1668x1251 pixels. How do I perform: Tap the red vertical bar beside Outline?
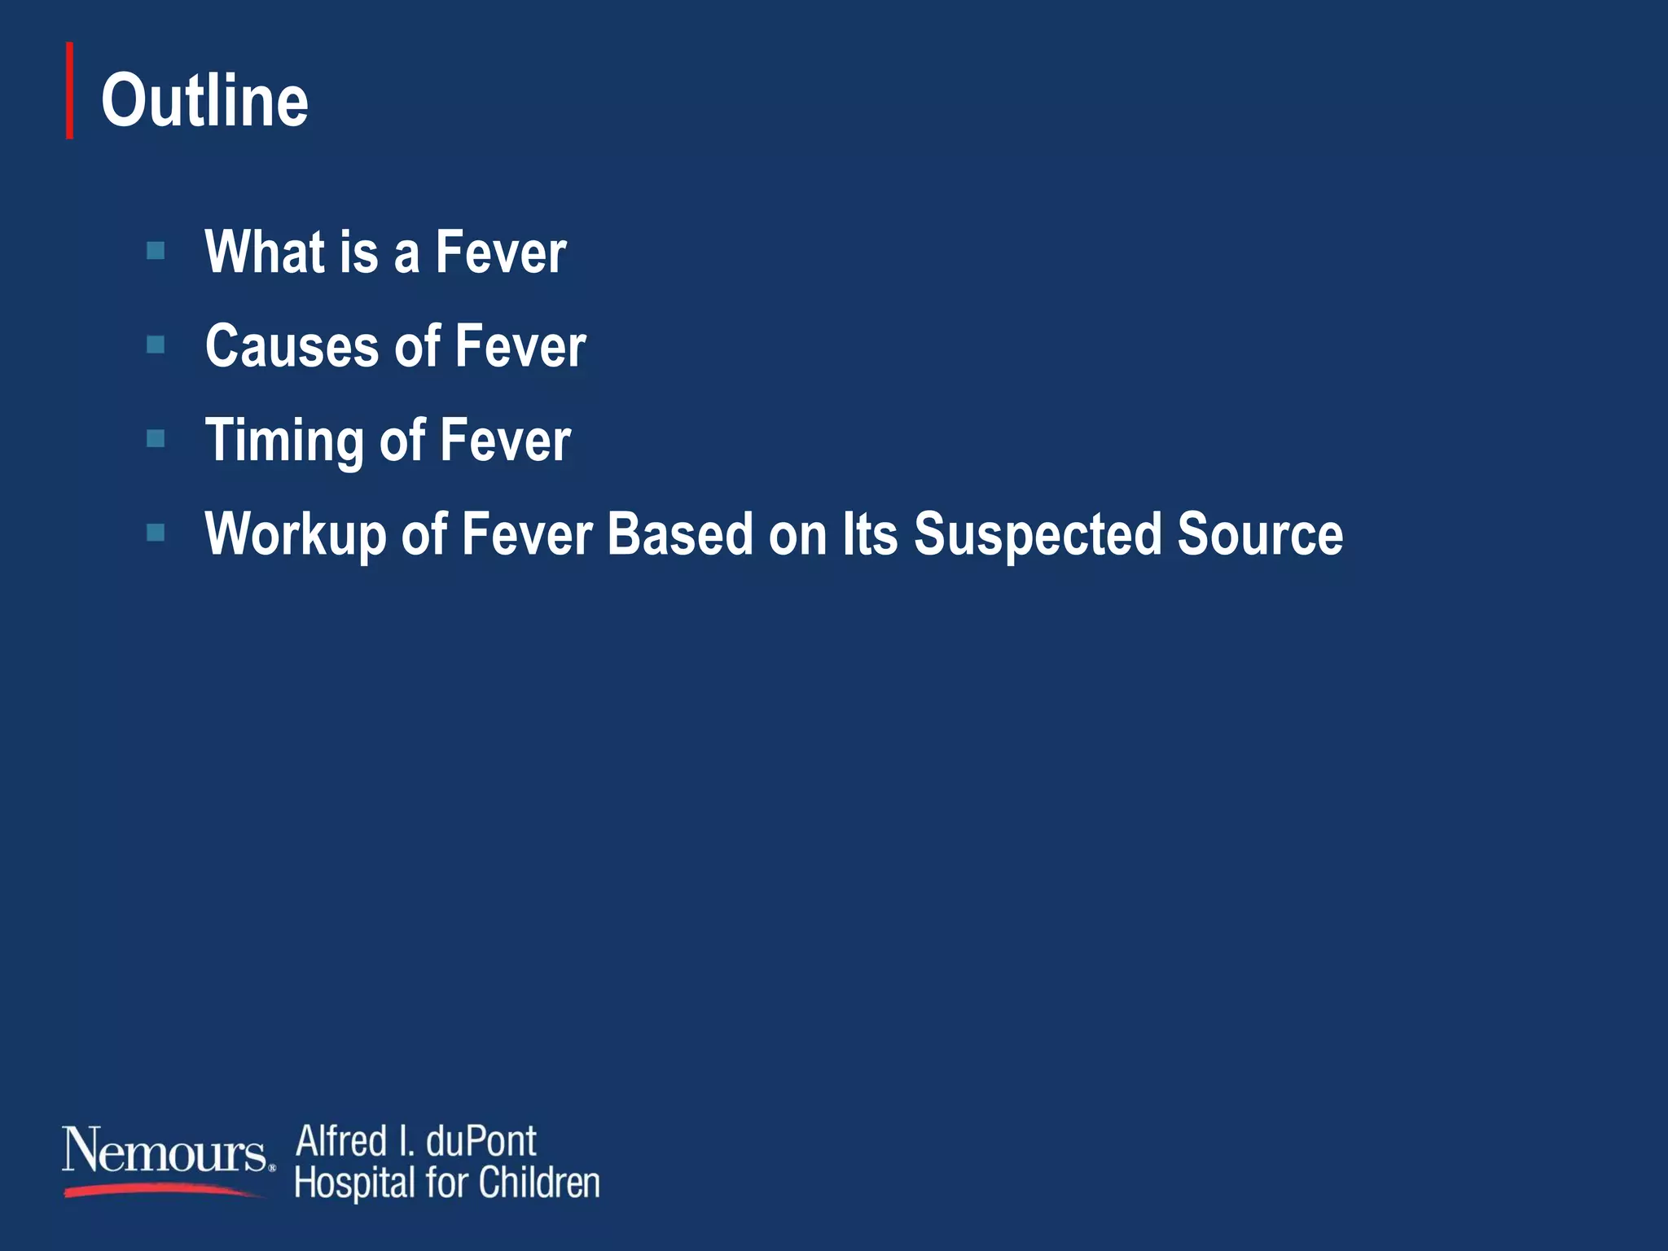70,90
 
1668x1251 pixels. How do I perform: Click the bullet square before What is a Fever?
156,250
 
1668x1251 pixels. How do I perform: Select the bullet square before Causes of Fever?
156,345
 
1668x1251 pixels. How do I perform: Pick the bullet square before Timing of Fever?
156,439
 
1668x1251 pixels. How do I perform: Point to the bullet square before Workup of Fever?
156,533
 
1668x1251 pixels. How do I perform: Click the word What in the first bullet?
264,252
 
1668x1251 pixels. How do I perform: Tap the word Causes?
292,346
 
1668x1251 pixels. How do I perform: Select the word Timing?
283,441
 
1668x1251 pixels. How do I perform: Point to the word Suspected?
1037,535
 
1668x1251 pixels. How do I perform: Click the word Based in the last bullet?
680,534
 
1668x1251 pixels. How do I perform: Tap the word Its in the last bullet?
870,534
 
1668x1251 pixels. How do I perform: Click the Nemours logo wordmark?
165,1152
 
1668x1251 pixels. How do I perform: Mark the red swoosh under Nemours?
163,1190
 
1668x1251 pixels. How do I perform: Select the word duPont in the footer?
481,1141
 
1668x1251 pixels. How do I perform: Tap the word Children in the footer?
539,1183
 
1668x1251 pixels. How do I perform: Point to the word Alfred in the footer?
341,1141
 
